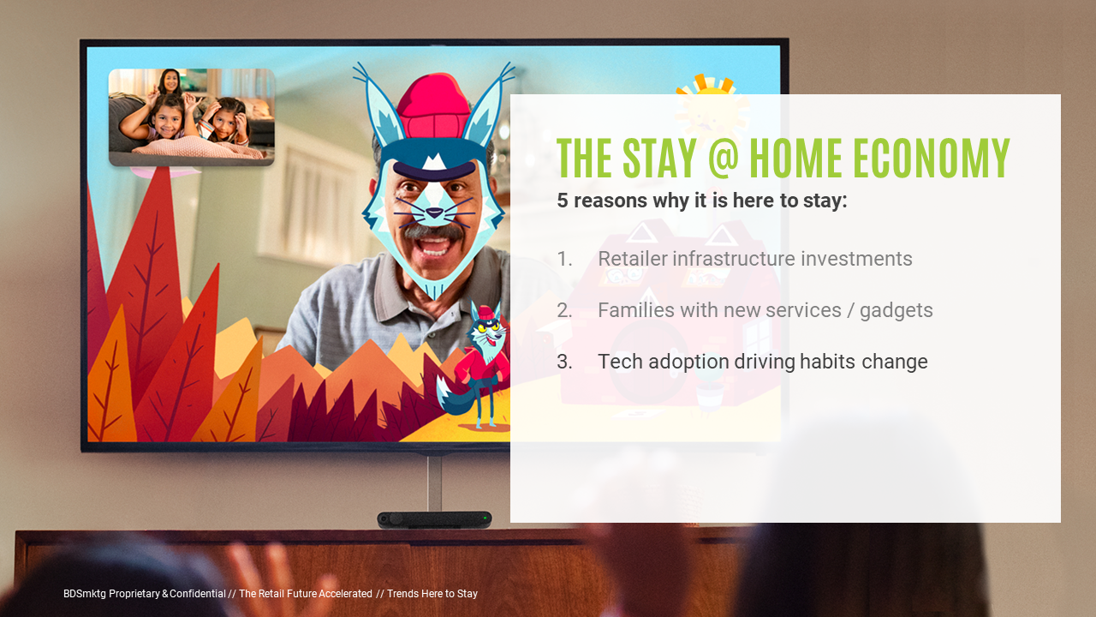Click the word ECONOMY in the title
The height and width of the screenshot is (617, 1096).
coord(932,158)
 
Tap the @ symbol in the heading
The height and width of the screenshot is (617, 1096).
coord(723,158)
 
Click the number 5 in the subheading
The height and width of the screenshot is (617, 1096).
coord(563,201)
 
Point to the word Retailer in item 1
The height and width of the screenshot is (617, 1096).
coord(632,259)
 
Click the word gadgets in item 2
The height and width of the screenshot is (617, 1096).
coord(896,311)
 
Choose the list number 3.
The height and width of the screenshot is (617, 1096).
coord(564,362)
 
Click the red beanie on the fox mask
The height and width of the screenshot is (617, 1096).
coord(433,105)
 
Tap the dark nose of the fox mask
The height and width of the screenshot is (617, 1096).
coord(434,213)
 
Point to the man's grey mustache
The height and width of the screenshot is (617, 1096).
coord(433,231)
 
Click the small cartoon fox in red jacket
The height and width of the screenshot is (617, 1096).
coord(474,365)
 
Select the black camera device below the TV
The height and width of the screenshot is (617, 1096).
coord(434,519)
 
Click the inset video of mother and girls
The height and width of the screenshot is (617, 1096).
coord(191,117)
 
